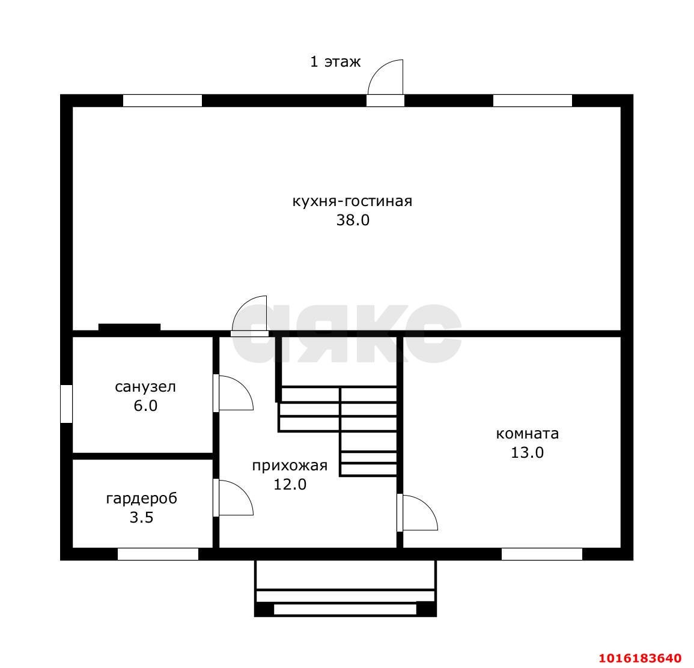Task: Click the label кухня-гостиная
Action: click(352, 202)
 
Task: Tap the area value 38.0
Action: click(353, 220)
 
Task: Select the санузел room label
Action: click(145, 387)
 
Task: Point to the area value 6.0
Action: click(145, 406)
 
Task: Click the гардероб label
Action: click(142, 499)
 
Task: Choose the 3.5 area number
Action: click(142, 518)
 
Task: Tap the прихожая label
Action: click(290, 466)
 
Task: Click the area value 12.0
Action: click(290, 485)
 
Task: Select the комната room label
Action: click(527, 434)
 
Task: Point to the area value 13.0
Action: click(527, 453)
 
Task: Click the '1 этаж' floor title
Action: click(335, 62)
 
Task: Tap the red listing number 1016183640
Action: click(640, 657)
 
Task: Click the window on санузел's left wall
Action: click(66, 404)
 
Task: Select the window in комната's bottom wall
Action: click(542, 554)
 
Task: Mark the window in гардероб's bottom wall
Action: click(158, 554)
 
